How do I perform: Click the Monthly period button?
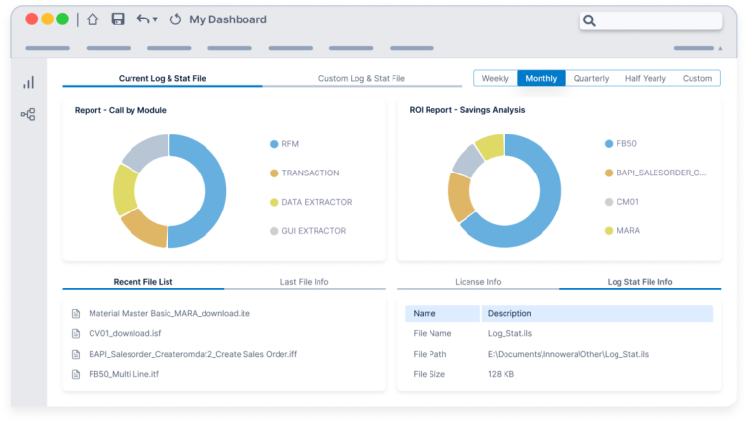point(541,78)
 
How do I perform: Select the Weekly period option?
point(495,78)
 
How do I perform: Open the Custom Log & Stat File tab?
point(361,78)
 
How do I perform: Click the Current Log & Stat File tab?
point(163,78)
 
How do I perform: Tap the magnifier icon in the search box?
point(590,20)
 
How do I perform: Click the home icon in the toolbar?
point(93,19)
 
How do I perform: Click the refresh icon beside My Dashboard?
point(175,19)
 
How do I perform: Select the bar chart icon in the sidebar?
point(29,83)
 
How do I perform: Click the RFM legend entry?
point(289,144)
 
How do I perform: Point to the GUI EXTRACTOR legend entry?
point(315,231)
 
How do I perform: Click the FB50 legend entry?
point(625,144)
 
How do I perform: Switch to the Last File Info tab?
point(304,282)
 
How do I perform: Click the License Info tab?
point(477,282)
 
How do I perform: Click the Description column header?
point(509,314)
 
